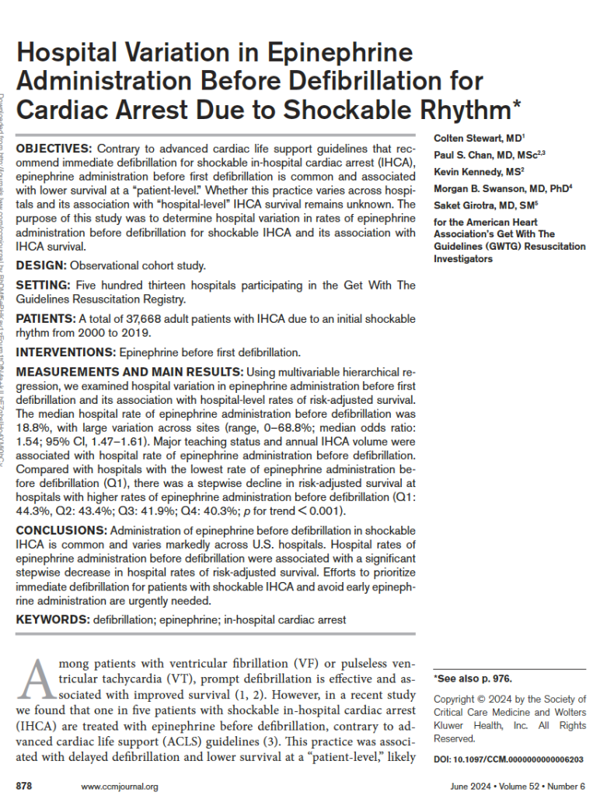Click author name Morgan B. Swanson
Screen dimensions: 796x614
coord(483,188)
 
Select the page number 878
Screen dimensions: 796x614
coord(24,786)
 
